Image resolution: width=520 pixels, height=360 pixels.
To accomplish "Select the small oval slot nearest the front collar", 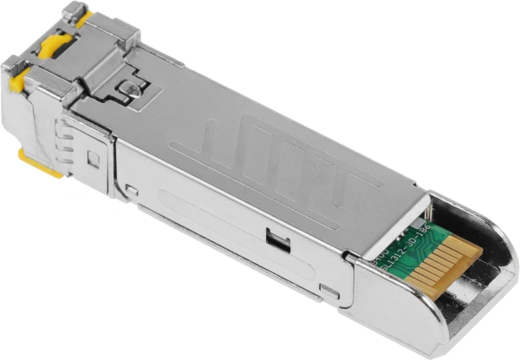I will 132,189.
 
